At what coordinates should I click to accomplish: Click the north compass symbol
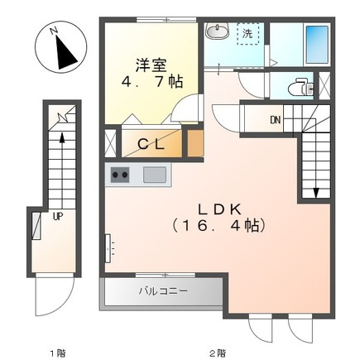tap(61, 47)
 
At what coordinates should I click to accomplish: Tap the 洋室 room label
tap(151, 65)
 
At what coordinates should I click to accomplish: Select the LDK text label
tap(219, 209)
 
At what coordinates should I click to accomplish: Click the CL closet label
tap(151, 144)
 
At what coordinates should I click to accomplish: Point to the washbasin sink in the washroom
tap(218, 31)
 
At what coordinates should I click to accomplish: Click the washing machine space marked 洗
tap(247, 34)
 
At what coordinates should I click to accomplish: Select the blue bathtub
tap(317, 45)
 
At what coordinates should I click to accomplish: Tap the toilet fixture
tap(301, 87)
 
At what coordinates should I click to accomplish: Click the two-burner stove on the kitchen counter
tap(120, 175)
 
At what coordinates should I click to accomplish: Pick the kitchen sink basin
tap(155, 175)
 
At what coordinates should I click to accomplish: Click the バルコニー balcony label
tap(163, 291)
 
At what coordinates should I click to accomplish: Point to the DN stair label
tap(275, 120)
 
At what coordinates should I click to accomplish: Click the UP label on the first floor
tap(58, 216)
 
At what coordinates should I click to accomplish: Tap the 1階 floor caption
tap(58, 353)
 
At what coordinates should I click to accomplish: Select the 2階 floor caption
tap(217, 353)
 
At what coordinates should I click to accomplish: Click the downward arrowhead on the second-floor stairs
tap(316, 193)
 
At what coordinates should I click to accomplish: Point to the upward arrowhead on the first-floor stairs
tap(62, 137)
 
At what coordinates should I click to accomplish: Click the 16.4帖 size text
tap(219, 226)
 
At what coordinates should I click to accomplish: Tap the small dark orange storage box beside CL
tap(195, 143)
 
